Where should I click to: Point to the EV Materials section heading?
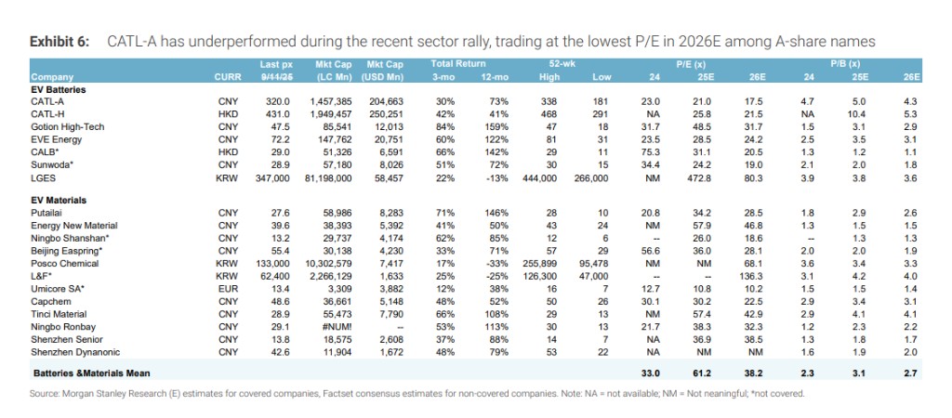(59, 199)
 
